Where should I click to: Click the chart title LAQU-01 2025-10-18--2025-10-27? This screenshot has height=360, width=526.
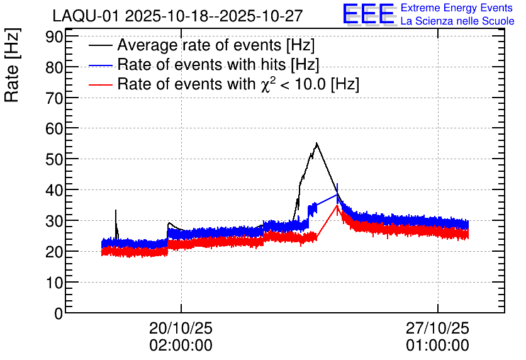click(x=178, y=16)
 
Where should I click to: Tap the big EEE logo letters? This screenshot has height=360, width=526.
click(x=369, y=14)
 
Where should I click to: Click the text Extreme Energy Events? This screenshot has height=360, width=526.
click(x=457, y=8)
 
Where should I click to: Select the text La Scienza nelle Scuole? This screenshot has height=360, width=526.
click(x=457, y=21)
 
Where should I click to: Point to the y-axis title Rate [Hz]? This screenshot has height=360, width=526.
click(x=13, y=65)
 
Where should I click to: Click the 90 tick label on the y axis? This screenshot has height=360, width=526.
click(x=54, y=37)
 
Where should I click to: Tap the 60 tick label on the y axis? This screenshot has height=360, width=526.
click(x=54, y=128)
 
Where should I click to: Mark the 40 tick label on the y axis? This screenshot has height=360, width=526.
click(x=54, y=190)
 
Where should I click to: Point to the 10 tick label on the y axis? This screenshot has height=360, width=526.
click(x=54, y=283)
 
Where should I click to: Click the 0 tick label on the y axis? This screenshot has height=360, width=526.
click(x=59, y=313)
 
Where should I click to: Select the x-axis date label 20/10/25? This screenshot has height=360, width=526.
click(x=181, y=328)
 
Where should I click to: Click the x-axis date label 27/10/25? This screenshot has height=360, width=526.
click(x=437, y=328)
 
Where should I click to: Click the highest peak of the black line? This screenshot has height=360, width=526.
click(x=316, y=143)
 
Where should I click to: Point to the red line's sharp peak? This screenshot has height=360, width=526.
click(x=337, y=205)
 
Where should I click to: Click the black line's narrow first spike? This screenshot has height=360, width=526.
click(x=116, y=211)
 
